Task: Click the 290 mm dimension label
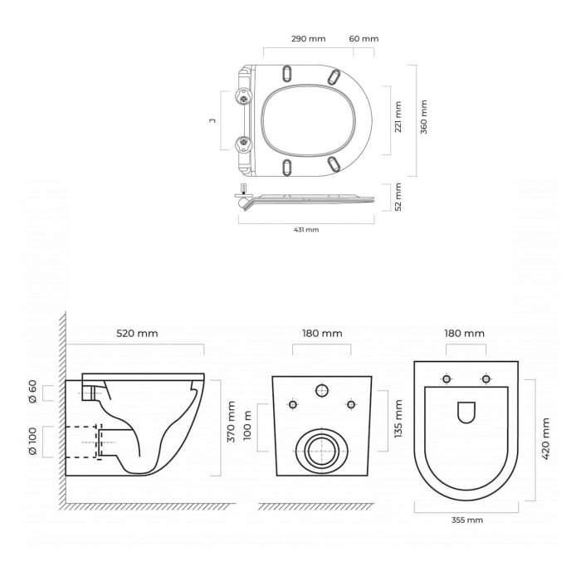pyautogui.click(x=308, y=39)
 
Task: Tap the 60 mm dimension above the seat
pyautogui.click(x=364, y=39)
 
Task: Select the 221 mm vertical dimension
pyautogui.click(x=398, y=117)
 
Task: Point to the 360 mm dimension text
pyautogui.click(x=424, y=117)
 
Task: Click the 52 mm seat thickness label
pyautogui.click(x=398, y=198)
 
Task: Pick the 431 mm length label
pyautogui.click(x=306, y=230)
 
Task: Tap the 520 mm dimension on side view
pyautogui.click(x=137, y=334)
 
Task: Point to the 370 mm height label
pyautogui.click(x=232, y=422)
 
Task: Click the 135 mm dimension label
pyautogui.click(x=398, y=419)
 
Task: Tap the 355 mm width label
pyautogui.click(x=466, y=520)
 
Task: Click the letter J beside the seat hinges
pyautogui.click(x=212, y=120)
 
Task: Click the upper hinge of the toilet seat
pyautogui.click(x=244, y=99)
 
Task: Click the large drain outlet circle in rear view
pyautogui.click(x=321, y=451)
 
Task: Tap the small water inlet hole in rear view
pyautogui.click(x=322, y=390)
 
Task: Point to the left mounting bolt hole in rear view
pyautogui.click(x=292, y=404)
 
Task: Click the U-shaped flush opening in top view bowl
pyautogui.click(x=466, y=413)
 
